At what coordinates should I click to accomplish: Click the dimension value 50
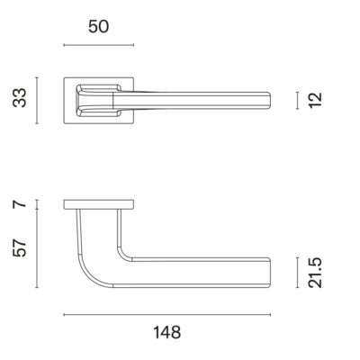pyautogui.click(x=98, y=27)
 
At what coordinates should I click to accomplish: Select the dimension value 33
pyautogui.click(x=20, y=98)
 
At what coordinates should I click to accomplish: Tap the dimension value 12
pyautogui.click(x=315, y=100)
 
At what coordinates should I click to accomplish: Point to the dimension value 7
pyautogui.click(x=20, y=204)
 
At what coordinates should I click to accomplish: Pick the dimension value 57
pyautogui.click(x=20, y=247)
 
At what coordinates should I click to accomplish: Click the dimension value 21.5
pyautogui.click(x=315, y=273)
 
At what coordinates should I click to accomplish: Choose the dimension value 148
pyautogui.click(x=167, y=332)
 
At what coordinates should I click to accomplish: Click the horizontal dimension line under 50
pyautogui.click(x=99, y=45)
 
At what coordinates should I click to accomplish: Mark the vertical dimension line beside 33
pyautogui.click(x=37, y=101)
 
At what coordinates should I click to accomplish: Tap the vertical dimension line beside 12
pyautogui.click(x=297, y=100)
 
